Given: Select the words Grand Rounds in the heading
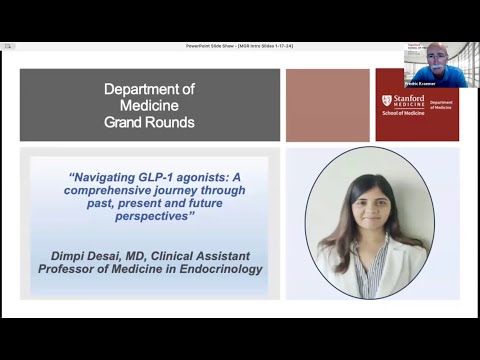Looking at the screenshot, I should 149,123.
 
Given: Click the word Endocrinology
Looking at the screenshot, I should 218,268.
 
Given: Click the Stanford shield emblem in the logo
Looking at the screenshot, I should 387,102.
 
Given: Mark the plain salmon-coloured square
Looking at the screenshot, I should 327,105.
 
